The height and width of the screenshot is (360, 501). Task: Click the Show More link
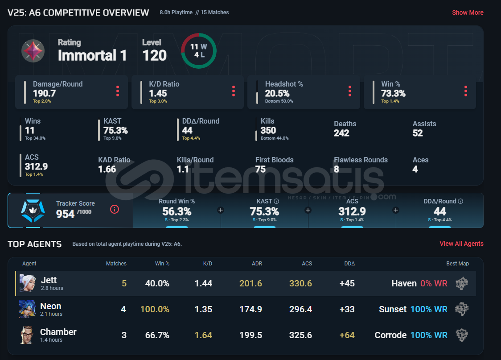pos(468,12)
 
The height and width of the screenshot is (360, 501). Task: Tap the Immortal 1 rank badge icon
pos(33,50)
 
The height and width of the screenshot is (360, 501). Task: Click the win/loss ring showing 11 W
pos(199,51)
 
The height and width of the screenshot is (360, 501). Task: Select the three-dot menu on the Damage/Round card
pos(118,91)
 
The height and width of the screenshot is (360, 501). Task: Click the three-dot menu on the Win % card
pos(465,91)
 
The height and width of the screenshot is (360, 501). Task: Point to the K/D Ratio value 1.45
pos(158,93)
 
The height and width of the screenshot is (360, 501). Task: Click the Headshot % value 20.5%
pos(277,93)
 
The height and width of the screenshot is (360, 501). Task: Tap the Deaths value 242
pos(341,133)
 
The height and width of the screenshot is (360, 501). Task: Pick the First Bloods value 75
pos(260,169)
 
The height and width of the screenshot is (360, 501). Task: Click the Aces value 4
pos(415,169)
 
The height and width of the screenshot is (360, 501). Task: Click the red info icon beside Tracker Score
pos(115,209)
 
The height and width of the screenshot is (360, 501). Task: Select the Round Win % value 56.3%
pos(177,211)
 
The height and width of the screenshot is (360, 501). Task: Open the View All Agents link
pos(461,244)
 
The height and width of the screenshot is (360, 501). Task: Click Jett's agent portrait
pos(27,283)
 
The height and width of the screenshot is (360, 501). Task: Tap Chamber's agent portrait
pos(27,335)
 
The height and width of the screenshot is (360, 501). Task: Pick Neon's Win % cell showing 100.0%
pos(155,309)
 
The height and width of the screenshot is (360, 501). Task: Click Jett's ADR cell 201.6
pos(250,283)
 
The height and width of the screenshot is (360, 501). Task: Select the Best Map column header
pos(457,264)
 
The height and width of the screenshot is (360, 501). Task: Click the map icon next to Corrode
pos(462,335)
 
